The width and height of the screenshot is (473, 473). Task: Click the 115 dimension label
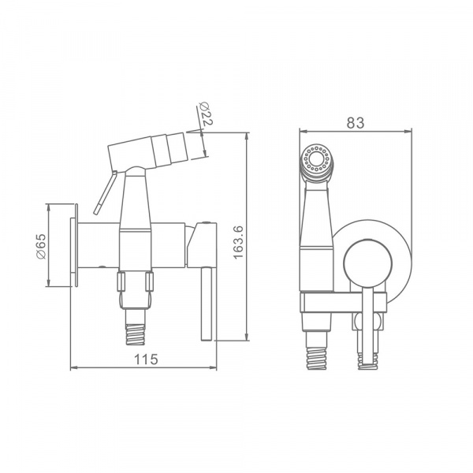(146, 359)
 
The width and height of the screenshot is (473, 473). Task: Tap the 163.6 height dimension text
(238, 242)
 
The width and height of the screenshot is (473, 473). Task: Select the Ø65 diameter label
(41, 246)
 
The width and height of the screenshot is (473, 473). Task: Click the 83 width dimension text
(356, 123)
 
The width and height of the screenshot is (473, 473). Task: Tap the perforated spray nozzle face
(316, 158)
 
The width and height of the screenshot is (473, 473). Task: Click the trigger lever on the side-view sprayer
(104, 193)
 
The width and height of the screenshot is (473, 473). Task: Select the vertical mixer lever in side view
(207, 304)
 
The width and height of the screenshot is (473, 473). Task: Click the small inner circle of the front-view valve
(368, 263)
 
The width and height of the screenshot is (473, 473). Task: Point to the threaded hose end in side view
(136, 334)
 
